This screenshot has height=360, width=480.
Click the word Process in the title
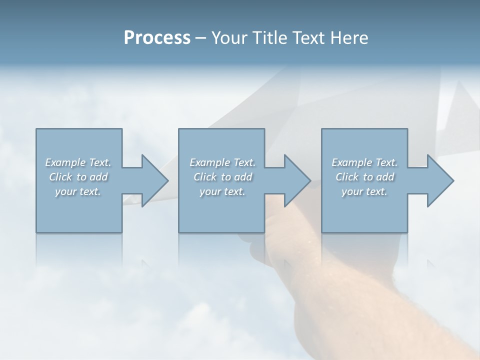click(157, 38)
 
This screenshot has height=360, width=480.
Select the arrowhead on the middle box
click(296, 180)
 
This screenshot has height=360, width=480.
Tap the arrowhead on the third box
click(439, 180)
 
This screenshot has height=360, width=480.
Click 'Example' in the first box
click(65, 162)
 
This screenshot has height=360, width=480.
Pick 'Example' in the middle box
click(210, 162)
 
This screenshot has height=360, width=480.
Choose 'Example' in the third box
click(352, 162)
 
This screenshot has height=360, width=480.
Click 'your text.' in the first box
click(78, 191)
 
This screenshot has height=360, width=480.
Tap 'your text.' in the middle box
click(222, 191)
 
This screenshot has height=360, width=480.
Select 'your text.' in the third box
click(364, 191)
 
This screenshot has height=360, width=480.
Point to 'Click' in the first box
click(60, 177)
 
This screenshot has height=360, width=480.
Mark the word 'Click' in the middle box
click(205, 177)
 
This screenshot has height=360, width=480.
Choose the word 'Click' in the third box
click(347, 177)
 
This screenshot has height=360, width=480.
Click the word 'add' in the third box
click(385, 177)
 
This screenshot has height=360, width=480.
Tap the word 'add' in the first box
click(99, 177)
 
